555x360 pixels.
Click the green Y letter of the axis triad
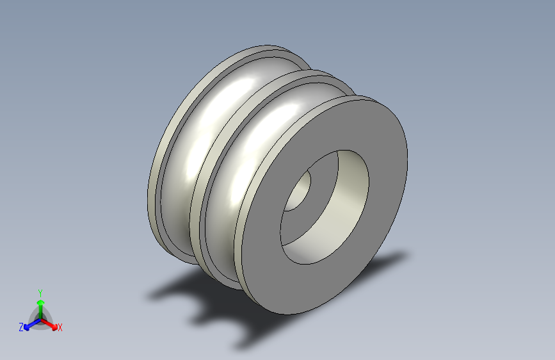[40, 293]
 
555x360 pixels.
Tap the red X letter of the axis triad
[60, 327]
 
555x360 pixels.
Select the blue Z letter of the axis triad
[21, 327]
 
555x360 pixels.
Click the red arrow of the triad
[49, 324]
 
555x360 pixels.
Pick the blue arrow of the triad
[33, 324]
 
